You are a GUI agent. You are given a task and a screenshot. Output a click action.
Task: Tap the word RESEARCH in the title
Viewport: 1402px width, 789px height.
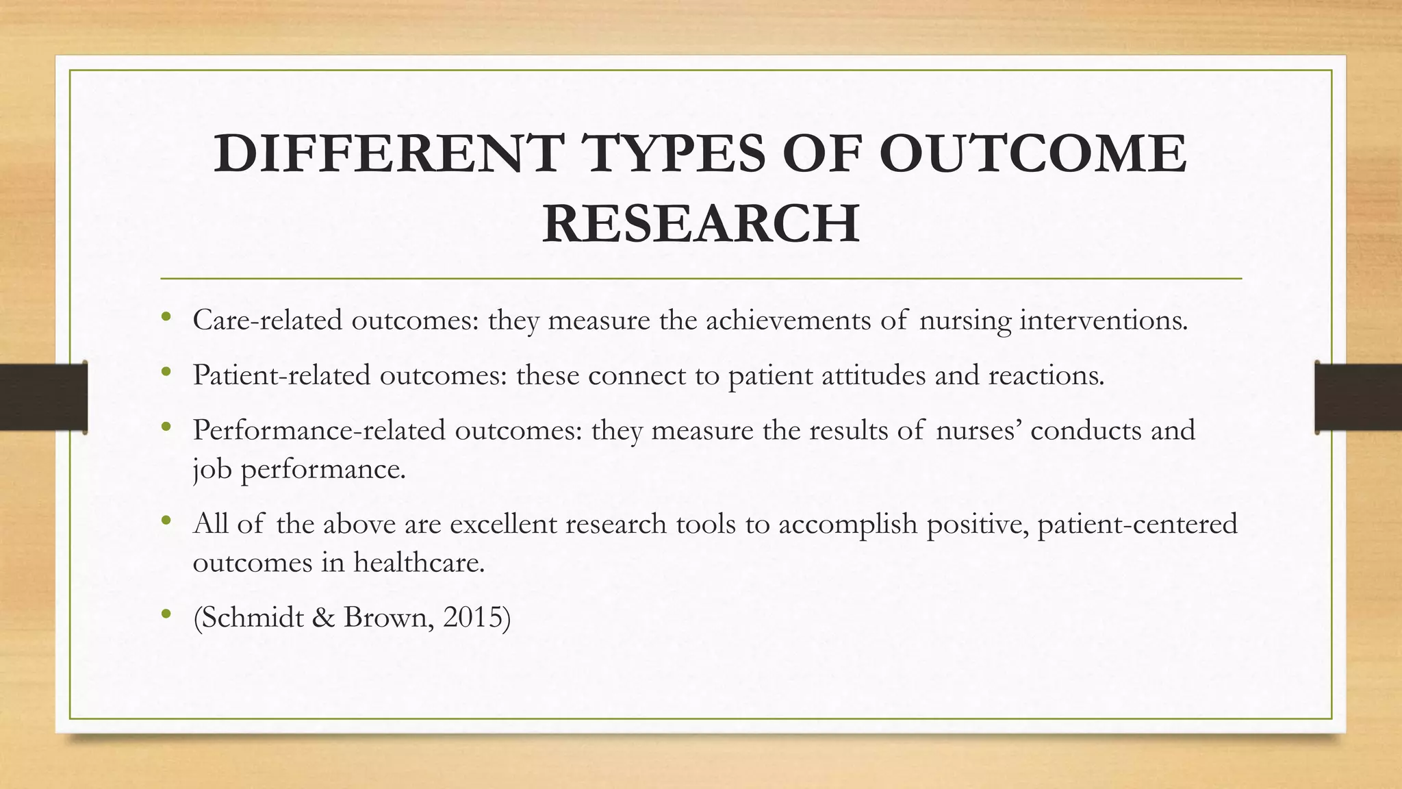700,224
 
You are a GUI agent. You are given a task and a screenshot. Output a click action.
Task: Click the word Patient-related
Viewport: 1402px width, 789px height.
281,375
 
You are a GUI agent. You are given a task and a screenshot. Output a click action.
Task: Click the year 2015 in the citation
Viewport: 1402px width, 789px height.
472,618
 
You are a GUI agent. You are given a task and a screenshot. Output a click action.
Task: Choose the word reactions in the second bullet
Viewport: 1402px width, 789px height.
1045,375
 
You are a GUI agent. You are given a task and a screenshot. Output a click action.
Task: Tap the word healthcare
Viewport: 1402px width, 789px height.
419,563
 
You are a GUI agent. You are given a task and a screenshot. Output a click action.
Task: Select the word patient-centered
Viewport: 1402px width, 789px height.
1137,524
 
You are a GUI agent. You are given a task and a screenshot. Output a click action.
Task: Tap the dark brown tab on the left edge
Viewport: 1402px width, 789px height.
43,397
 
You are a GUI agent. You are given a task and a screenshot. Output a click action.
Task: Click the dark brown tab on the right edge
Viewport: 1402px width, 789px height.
1358,397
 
